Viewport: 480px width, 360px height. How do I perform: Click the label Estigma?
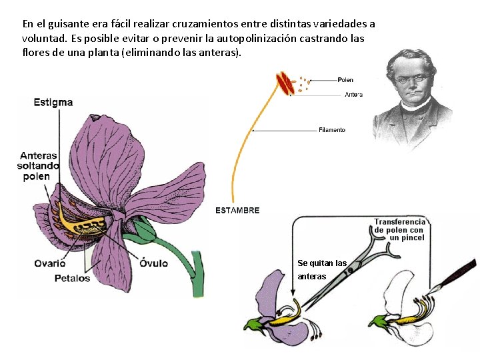[53, 102]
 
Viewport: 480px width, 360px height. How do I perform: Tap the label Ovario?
[50, 263]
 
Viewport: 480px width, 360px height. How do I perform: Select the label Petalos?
[72, 278]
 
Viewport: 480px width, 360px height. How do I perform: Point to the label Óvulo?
[153, 263]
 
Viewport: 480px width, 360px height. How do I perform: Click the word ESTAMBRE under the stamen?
[237, 210]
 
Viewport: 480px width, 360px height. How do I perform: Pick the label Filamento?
[332, 130]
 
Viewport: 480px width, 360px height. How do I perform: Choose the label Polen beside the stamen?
[345, 80]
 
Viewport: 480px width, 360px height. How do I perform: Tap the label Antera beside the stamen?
[353, 95]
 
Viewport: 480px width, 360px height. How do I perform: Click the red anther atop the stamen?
[286, 83]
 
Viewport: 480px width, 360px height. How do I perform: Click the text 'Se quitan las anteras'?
[322, 269]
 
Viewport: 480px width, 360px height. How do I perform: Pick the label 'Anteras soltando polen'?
[39, 166]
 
